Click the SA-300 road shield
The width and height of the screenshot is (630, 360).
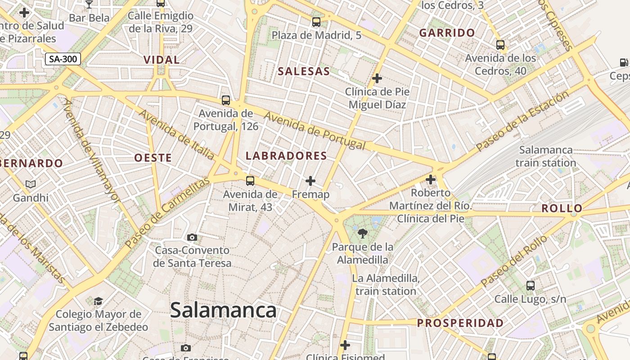click(x=63, y=58)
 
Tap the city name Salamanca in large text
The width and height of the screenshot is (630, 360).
click(x=223, y=310)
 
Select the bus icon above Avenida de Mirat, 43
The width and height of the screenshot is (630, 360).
click(x=250, y=181)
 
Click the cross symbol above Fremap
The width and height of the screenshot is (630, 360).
click(x=310, y=181)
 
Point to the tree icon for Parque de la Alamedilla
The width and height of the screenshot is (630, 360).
click(x=362, y=233)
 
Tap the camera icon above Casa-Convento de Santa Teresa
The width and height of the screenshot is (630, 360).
click(x=192, y=237)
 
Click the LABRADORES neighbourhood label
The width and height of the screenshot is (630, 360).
click(x=286, y=156)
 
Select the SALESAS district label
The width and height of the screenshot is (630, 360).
click(x=304, y=71)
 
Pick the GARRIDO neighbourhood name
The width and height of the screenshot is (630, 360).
click(x=447, y=32)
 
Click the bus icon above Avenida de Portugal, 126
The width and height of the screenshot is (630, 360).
click(x=226, y=100)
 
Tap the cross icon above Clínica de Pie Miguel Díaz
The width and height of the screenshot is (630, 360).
click(x=377, y=78)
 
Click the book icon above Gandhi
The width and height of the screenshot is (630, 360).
click(x=31, y=184)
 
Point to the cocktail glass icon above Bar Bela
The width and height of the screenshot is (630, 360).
click(x=89, y=4)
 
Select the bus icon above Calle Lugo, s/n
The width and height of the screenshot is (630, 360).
click(x=531, y=285)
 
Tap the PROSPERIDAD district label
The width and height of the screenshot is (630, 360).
click(x=460, y=323)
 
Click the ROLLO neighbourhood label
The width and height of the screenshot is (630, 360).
click(x=562, y=208)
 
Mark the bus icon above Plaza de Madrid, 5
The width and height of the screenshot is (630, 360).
click(x=316, y=22)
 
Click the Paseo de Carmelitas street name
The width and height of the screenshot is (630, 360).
click(x=168, y=213)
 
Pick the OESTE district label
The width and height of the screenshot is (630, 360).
click(x=153, y=158)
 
